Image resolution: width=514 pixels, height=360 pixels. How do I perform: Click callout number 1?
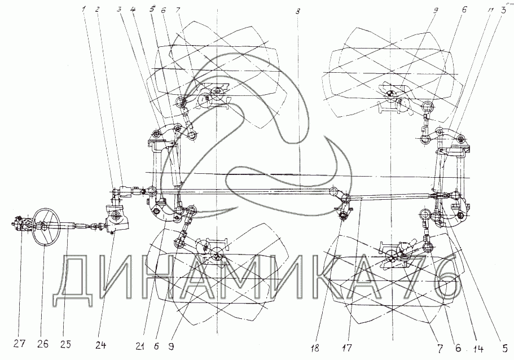85,10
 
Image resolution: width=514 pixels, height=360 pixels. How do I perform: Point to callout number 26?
43,344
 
